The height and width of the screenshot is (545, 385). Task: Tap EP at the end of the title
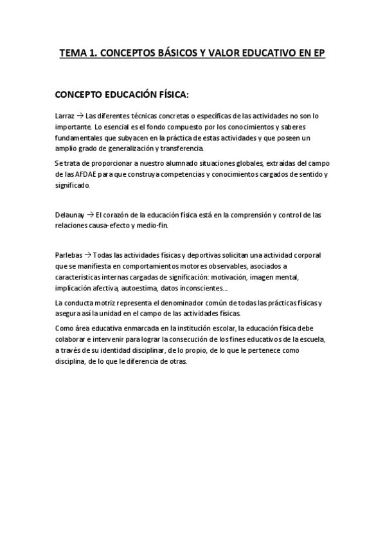click(x=319, y=54)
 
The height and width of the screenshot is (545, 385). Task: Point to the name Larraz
click(x=66, y=116)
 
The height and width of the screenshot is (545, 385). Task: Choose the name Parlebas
click(x=69, y=256)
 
